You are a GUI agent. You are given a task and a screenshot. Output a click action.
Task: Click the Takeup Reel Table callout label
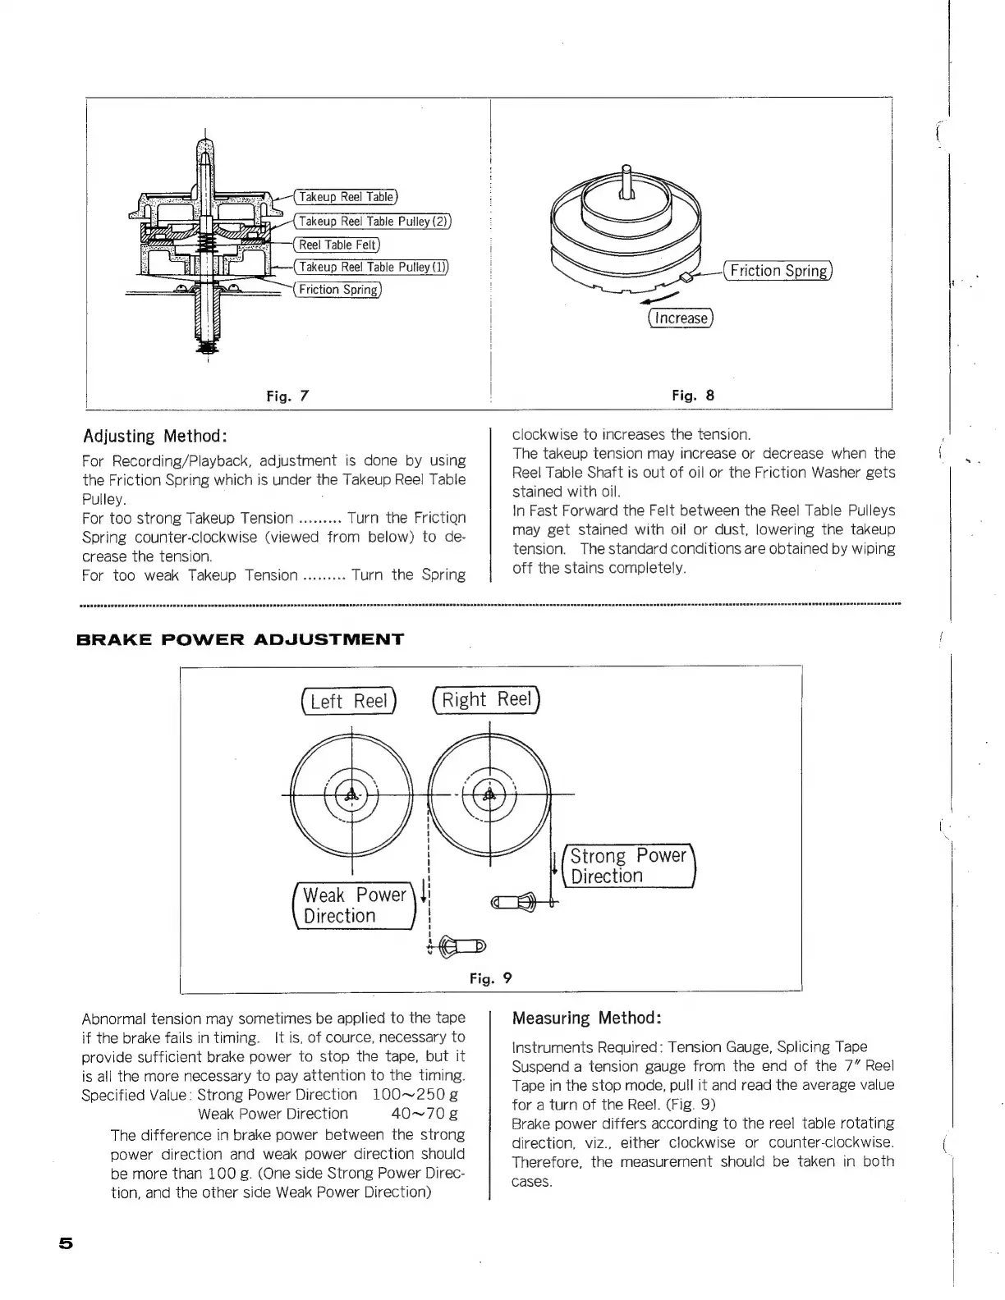(346, 197)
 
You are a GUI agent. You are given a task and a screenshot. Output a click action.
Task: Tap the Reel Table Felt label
(337, 245)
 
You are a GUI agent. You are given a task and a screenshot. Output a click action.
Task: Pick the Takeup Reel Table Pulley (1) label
(372, 267)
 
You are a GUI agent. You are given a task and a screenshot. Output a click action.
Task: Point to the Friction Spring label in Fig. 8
(778, 271)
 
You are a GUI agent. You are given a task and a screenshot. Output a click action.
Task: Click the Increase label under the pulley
(681, 318)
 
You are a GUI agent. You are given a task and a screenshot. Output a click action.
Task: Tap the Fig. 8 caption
(693, 395)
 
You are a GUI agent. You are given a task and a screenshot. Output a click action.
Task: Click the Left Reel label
(349, 701)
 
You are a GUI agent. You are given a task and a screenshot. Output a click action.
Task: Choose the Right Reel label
(487, 699)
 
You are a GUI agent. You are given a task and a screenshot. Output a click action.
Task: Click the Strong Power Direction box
(628, 866)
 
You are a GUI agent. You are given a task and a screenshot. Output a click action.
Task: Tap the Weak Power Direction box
(355, 906)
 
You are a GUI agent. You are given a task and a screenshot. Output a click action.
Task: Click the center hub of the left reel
(351, 794)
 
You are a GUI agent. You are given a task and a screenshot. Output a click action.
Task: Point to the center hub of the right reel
(489, 794)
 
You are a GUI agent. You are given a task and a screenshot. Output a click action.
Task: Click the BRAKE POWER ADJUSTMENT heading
(240, 639)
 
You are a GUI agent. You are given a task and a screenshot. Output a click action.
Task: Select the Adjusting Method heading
(154, 436)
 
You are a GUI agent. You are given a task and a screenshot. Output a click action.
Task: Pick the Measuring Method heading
(586, 1018)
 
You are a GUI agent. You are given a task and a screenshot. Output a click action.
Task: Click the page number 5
(66, 1243)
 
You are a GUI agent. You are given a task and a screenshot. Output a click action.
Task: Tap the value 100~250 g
(415, 1095)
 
